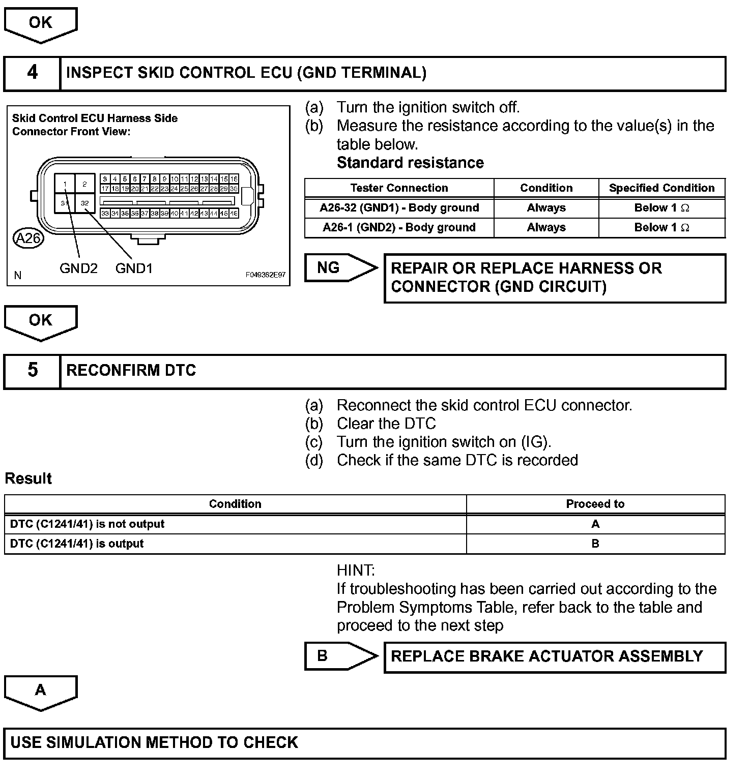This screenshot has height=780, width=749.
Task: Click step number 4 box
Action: point(32,73)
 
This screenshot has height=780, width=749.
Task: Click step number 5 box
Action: point(32,371)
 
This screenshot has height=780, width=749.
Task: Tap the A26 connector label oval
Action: point(28,238)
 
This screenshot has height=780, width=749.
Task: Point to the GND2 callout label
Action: point(78,268)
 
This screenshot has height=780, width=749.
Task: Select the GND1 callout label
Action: point(134,268)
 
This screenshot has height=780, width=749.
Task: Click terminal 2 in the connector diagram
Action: point(84,184)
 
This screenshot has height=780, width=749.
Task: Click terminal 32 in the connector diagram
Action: point(84,203)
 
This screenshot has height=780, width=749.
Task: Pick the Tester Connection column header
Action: point(399,188)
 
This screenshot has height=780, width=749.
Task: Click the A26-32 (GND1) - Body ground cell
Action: point(399,208)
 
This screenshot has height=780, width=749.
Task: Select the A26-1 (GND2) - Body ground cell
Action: point(399,227)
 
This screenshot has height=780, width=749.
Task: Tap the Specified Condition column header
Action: point(661,188)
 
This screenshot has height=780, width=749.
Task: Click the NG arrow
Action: point(340,268)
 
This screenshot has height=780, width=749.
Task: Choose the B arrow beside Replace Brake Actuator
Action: point(340,656)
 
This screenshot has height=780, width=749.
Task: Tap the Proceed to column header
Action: point(595,504)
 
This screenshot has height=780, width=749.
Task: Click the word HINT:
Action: point(356,571)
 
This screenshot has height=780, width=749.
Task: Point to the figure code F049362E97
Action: point(265,275)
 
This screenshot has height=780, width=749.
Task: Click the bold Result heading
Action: point(28,479)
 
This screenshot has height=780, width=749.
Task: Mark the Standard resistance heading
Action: point(410,163)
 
